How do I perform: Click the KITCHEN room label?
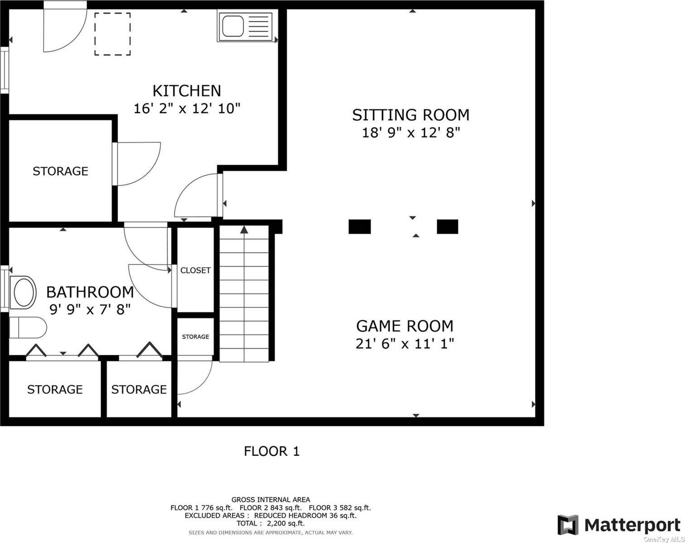tap(187, 91)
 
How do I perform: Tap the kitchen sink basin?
tap(233, 26)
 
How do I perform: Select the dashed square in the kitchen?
tap(112, 34)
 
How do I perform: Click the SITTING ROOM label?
tap(410, 115)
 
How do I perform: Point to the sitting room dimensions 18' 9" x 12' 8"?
tap(411, 133)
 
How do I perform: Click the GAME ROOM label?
tap(405, 326)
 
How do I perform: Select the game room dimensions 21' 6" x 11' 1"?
tap(405, 343)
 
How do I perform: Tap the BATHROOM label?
tap(90, 292)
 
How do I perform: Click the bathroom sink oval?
tap(23, 292)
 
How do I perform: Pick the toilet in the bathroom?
tap(28, 328)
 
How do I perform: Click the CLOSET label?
tap(195, 270)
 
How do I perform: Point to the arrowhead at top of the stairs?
tap(244, 229)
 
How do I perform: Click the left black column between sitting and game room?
tap(360, 227)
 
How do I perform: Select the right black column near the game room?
tap(447, 227)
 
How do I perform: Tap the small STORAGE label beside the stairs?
tap(195, 337)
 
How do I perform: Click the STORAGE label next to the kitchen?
tap(60, 171)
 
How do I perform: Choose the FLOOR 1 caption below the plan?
tap(271, 451)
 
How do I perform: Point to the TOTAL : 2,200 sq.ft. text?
tap(270, 523)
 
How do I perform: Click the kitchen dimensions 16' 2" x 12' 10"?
tap(187, 109)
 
